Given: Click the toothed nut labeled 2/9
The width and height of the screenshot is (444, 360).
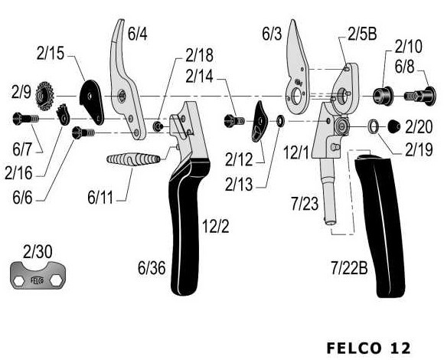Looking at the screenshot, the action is point(44,96).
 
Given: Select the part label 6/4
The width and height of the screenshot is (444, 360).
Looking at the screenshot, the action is point(137,34).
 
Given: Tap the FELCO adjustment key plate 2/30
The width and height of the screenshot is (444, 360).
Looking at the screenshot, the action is point(38,275).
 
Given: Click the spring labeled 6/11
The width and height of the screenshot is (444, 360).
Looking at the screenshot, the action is point(133,159).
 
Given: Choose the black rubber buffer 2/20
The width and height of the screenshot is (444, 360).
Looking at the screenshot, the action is point(394,126).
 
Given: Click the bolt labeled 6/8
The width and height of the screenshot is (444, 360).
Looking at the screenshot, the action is point(420,97).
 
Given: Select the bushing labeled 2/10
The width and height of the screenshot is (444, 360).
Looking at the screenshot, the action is point(383,96).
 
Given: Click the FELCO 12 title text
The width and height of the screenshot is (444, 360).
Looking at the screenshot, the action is point(368,348).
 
